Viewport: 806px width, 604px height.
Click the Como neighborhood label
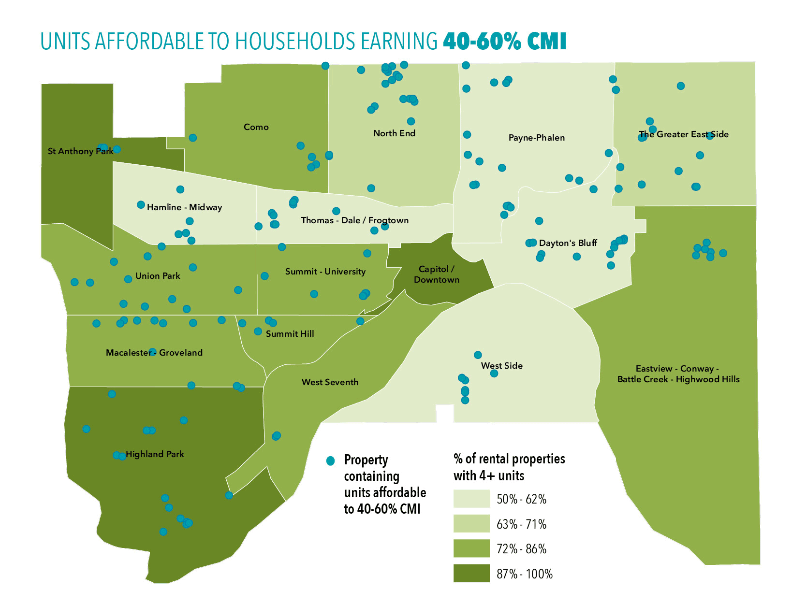pos(256,127)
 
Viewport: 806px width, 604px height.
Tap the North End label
pos(394,133)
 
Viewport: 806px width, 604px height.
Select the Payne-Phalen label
pos(536,138)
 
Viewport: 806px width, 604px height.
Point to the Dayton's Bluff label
pos(568,243)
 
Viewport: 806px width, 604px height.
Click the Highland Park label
pos(155,454)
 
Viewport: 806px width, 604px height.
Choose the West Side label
pos(501,366)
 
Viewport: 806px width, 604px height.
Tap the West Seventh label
pos(330,382)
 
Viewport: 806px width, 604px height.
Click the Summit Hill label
pos(290,334)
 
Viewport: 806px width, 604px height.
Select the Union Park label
pos(158,276)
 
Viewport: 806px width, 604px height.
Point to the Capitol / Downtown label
pos(436,274)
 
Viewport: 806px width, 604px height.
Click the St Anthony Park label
pos(80,151)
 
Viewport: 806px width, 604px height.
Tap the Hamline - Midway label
pos(184,207)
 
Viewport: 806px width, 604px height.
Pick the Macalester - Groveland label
pos(154,353)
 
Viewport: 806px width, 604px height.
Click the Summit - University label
pos(325,272)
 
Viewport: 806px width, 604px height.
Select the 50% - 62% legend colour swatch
pos(471,499)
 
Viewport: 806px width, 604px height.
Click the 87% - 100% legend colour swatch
pos(471,574)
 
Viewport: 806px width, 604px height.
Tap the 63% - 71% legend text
pos(521,524)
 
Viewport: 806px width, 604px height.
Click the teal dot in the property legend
pos(331,460)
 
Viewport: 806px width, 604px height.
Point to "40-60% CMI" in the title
pos(504,42)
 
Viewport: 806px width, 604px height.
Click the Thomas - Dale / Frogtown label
pos(354,220)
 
